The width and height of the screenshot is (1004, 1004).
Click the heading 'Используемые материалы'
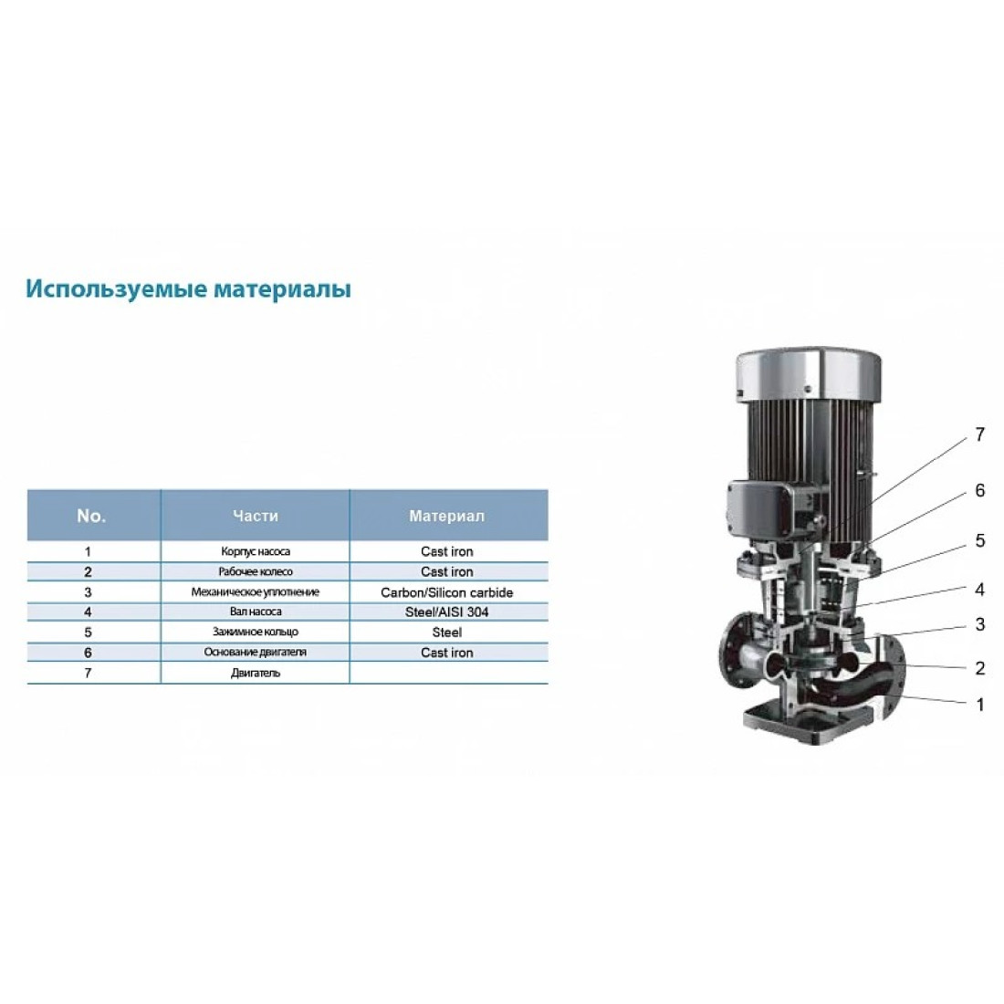click(188, 289)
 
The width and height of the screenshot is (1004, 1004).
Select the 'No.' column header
click(91, 516)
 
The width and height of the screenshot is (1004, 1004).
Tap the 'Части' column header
click(256, 516)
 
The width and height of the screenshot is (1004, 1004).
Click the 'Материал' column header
click(447, 516)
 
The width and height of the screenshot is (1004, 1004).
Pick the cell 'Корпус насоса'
click(256, 551)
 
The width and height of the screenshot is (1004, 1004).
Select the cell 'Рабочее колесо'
click(256, 571)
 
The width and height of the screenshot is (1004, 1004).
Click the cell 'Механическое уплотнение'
click(256, 592)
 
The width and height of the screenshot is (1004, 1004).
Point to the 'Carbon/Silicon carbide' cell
click(447, 592)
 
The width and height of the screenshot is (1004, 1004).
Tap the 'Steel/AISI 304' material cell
click(447, 612)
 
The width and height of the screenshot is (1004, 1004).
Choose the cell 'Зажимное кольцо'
click(256, 632)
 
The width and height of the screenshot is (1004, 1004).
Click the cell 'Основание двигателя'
click(256, 653)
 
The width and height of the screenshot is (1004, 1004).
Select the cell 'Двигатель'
click(256, 673)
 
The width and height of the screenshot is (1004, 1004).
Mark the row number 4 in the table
click(88, 612)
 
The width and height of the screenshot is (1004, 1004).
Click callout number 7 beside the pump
click(979, 434)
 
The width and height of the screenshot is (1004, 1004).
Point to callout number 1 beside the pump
click(979, 705)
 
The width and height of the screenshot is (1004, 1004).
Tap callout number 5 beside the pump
click(979, 540)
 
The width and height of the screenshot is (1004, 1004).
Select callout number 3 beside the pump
click(979, 624)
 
